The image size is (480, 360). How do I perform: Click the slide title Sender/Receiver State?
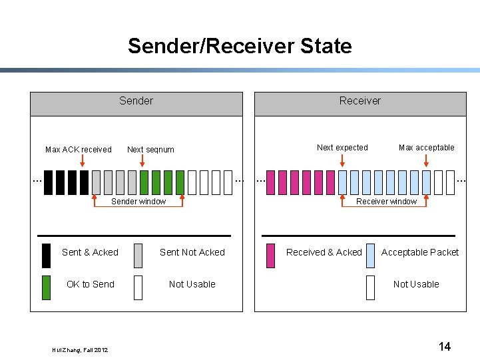tap(240, 46)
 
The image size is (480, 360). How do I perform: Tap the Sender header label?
tap(136, 100)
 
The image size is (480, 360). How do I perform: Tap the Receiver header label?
tap(360, 100)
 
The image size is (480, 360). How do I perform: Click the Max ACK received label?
tap(79, 150)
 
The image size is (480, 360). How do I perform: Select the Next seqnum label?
tap(150, 150)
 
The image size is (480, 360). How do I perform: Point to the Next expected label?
tap(342, 148)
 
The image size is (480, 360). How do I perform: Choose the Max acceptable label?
tap(427, 148)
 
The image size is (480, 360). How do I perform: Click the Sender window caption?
tap(138, 202)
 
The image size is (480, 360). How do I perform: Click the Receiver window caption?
tap(386, 202)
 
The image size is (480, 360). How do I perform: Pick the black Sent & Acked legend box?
tap(46, 256)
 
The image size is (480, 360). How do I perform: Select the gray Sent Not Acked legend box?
tap(138, 256)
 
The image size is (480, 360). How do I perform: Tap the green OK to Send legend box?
tap(46, 287)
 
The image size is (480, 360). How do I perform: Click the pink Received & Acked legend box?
tap(270, 256)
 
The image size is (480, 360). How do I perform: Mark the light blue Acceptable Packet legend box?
tap(370, 256)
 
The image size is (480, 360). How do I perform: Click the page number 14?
tap(445, 347)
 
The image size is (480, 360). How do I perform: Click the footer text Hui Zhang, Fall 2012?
tap(79, 350)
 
